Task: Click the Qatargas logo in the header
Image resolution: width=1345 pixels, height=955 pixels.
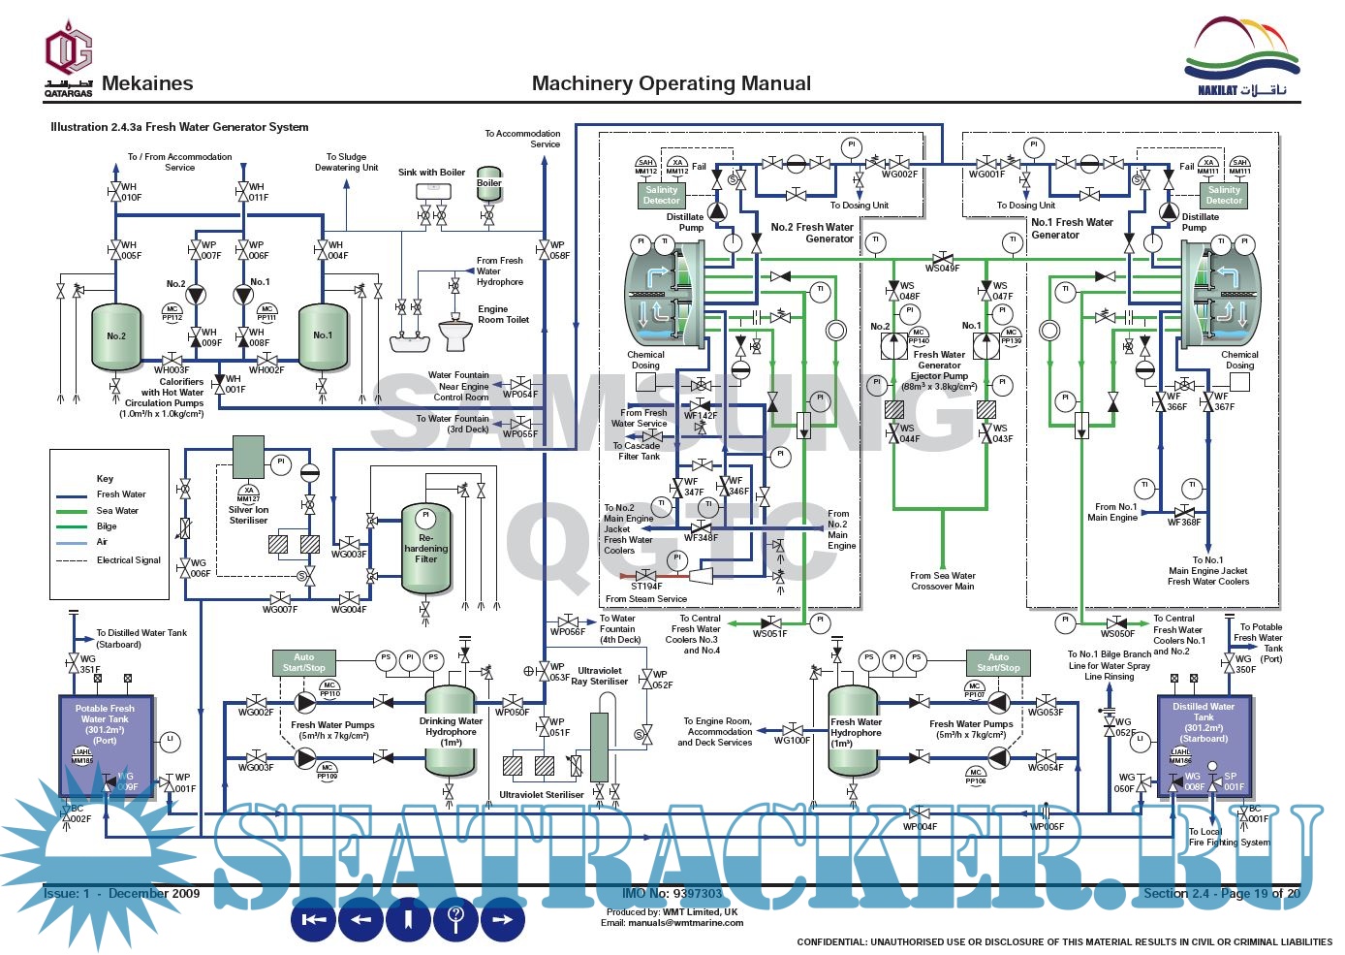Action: (x=69, y=58)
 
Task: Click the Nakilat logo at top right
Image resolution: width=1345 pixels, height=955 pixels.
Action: (x=1241, y=58)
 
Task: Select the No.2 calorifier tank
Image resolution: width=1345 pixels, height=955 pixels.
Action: (x=116, y=337)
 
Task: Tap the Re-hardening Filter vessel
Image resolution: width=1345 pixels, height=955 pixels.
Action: (x=426, y=549)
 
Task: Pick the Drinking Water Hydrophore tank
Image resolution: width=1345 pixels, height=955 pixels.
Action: (x=451, y=732)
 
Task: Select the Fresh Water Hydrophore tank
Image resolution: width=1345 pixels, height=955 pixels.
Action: (x=855, y=732)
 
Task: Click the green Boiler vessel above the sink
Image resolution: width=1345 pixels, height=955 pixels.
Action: (x=489, y=187)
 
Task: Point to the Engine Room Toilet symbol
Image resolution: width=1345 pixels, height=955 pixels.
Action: (x=455, y=335)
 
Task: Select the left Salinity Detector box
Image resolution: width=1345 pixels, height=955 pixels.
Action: (x=661, y=195)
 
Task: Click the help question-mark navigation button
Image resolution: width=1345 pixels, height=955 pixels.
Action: (x=455, y=918)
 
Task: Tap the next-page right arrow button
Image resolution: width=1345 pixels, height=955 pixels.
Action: (x=502, y=918)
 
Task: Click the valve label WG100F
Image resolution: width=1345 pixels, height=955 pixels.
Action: (x=792, y=741)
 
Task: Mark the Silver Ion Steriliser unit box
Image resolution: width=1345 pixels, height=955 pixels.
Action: (x=248, y=457)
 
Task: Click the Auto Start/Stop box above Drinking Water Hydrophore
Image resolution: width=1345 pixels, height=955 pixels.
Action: (x=304, y=663)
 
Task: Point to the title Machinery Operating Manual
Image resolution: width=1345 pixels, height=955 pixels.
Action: (x=672, y=83)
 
